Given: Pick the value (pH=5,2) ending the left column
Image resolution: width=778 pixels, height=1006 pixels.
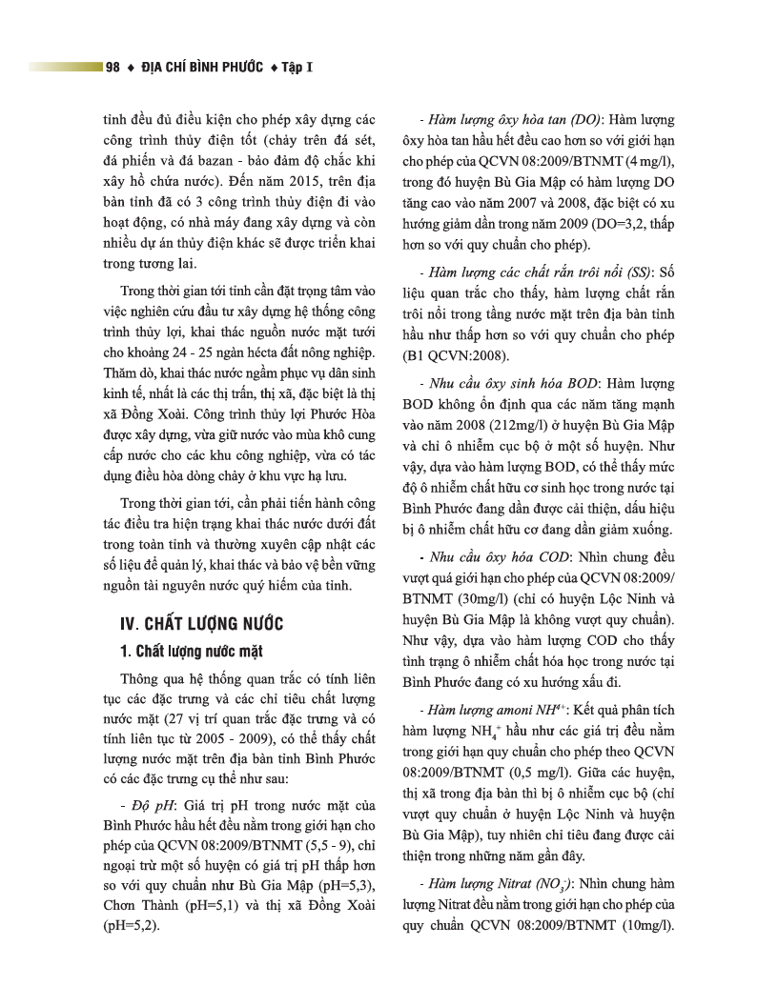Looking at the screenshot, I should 132,924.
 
